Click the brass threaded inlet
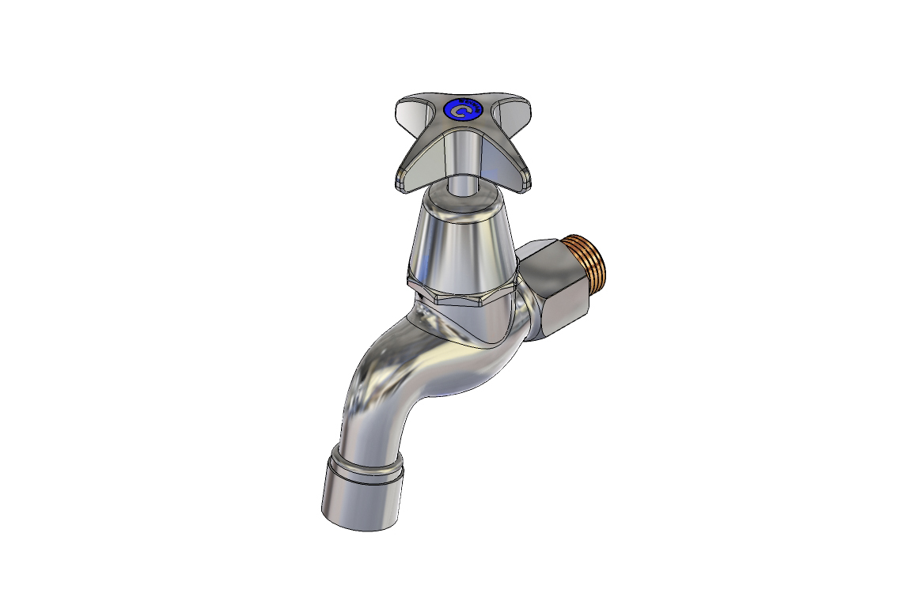598,267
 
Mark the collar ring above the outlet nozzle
368,467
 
